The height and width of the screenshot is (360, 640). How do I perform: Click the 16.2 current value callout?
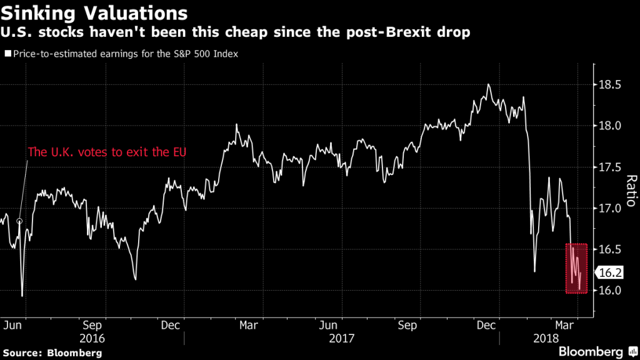tap(609, 273)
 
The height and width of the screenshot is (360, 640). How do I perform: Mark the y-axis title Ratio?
tap(629, 191)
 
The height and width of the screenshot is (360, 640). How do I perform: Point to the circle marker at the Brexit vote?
tap(19, 221)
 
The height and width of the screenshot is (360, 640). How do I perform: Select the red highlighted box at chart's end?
tap(576, 268)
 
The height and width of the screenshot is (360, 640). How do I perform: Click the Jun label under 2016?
tap(13, 325)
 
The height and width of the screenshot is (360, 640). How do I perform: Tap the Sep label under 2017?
tap(407, 325)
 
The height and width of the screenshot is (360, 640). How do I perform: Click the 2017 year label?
tap(342, 339)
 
